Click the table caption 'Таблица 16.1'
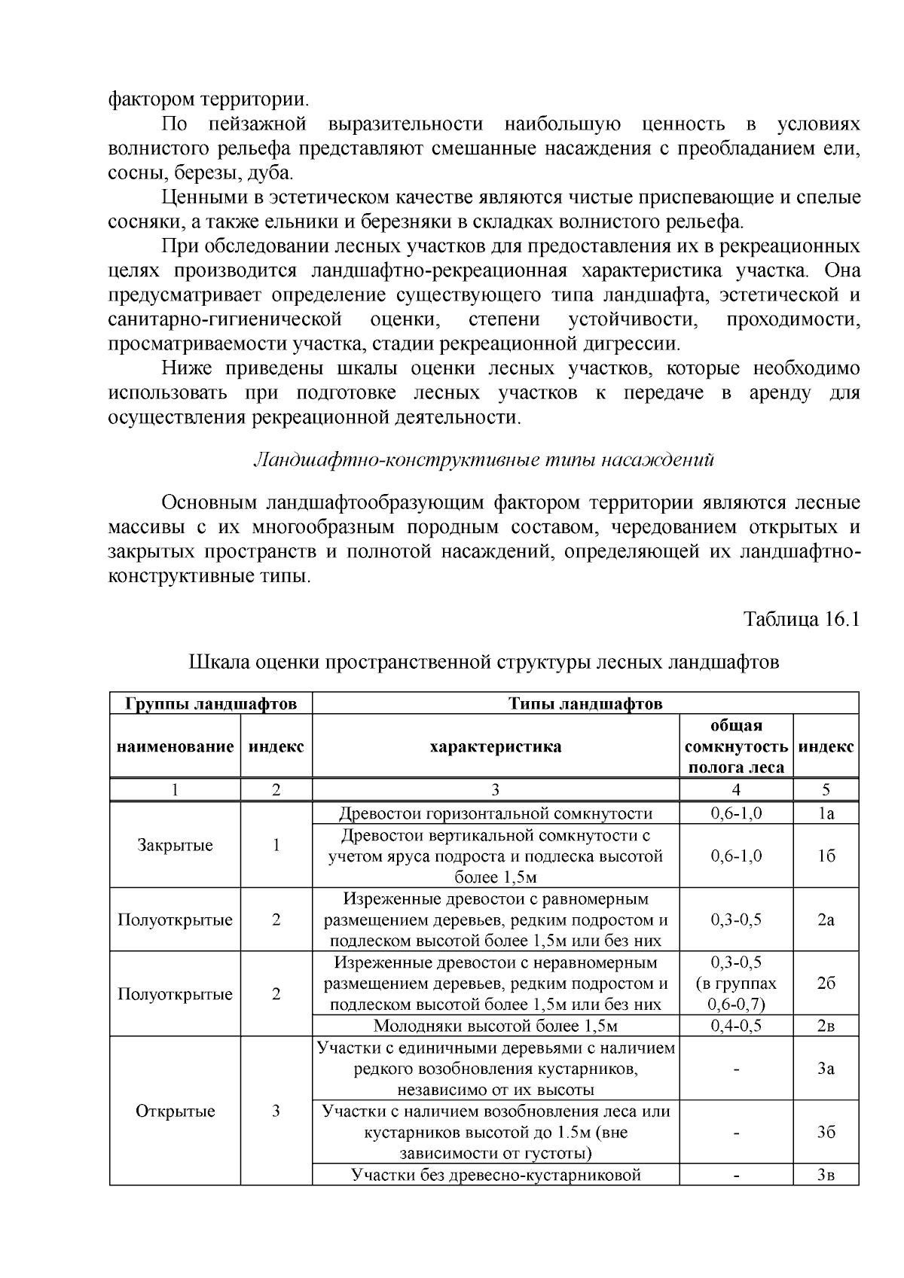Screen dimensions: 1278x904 [x=801, y=619]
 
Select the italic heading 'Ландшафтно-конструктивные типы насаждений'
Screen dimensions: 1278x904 [x=482, y=459]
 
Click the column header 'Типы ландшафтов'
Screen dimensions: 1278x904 [x=585, y=703]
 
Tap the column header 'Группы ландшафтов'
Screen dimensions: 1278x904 [x=211, y=703]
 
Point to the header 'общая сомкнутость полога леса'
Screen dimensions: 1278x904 [x=735, y=746]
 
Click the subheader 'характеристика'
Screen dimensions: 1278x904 [x=495, y=746]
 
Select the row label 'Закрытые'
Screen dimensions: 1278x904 [x=175, y=845]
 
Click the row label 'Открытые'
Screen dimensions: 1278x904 [x=175, y=1111]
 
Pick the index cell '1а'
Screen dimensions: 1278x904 [x=826, y=813]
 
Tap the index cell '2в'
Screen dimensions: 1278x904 [x=826, y=1026]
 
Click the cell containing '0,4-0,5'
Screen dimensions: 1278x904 [x=735, y=1026]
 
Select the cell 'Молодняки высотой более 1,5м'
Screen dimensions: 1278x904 [x=495, y=1026]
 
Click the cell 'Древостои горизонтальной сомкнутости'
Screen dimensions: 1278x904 [x=495, y=813]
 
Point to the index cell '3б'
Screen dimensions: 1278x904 [x=826, y=1132]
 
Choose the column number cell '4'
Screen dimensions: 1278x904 [x=735, y=790]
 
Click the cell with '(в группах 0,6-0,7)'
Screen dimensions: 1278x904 [x=735, y=993]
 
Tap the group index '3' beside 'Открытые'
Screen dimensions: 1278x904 [x=276, y=1111]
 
